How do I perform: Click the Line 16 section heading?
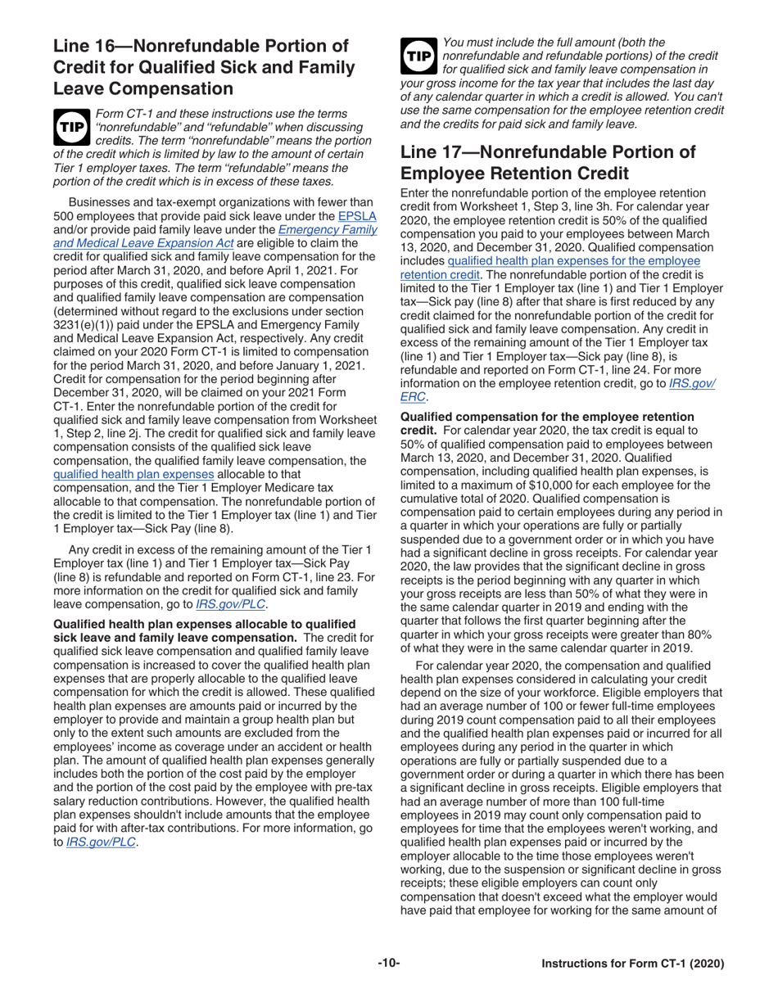(x=201, y=65)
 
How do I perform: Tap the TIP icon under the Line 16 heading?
(x=71, y=123)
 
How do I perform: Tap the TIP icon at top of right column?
(x=418, y=54)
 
